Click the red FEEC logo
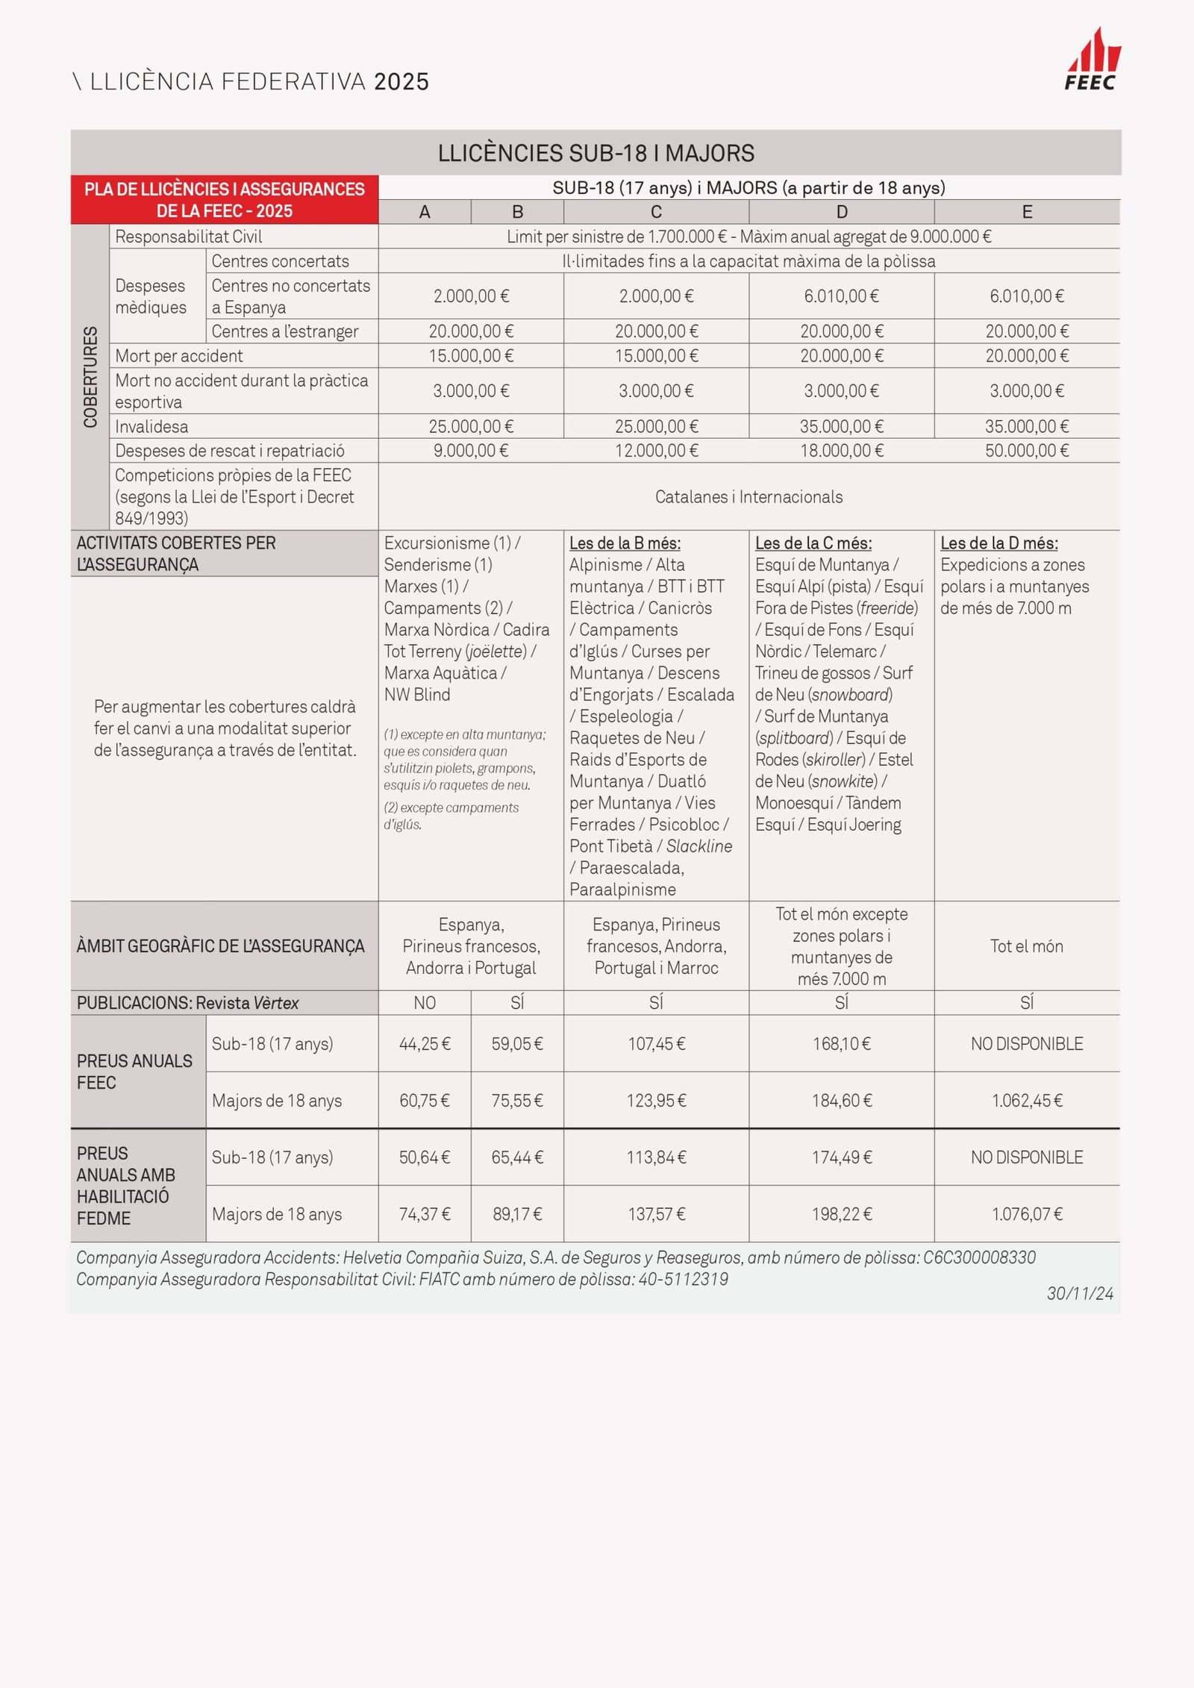pyautogui.click(x=1092, y=60)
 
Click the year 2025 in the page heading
pyautogui.click(x=401, y=81)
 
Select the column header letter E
pyautogui.click(x=1027, y=212)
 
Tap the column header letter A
pyautogui.click(x=425, y=212)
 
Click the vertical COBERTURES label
pyautogui.click(x=90, y=377)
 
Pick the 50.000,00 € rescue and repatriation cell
pyautogui.click(x=1027, y=451)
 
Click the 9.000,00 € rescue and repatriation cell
pyautogui.click(x=471, y=451)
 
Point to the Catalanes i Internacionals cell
pyautogui.click(x=748, y=497)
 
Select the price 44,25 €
pyautogui.click(x=425, y=1044)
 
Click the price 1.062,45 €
pyautogui.click(x=1027, y=1101)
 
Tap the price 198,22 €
pyautogui.click(x=842, y=1214)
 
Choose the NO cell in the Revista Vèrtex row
pyautogui.click(x=425, y=1003)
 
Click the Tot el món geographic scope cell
pyautogui.click(x=1027, y=946)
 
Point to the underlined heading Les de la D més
pyautogui.click(x=998, y=543)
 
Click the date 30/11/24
pyautogui.click(x=1080, y=1293)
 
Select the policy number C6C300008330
pyautogui.click(x=979, y=1257)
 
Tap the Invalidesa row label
pyautogui.click(x=151, y=427)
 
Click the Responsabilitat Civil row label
pyautogui.click(x=189, y=237)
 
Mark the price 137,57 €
pyautogui.click(x=656, y=1214)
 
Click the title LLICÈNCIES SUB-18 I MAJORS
pyautogui.click(x=596, y=153)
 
